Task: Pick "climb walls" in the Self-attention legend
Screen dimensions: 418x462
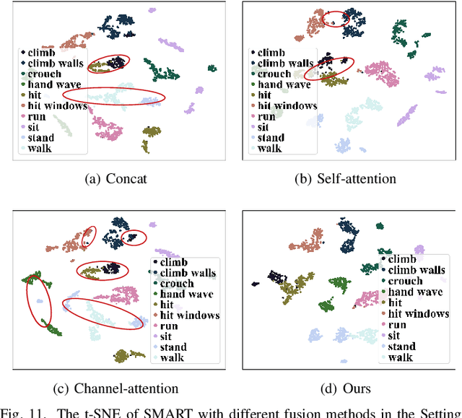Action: pos(286,64)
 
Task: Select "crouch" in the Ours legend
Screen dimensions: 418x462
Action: pos(405,281)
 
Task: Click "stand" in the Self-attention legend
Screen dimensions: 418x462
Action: pos(271,137)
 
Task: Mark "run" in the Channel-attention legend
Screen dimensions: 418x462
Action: pos(170,326)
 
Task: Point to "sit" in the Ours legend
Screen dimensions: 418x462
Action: pos(393,336)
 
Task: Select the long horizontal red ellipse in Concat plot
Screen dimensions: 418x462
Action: pos(114,95)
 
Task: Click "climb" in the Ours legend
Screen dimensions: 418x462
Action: pos(402,259)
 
